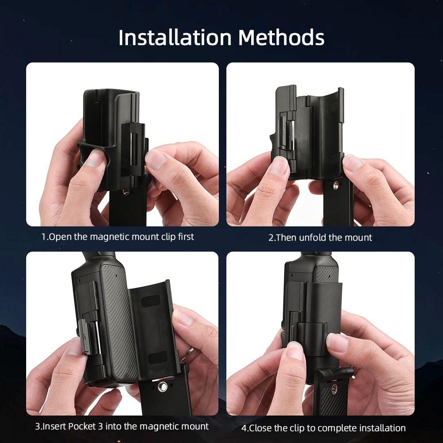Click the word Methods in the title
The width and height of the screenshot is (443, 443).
[x=281, y=38]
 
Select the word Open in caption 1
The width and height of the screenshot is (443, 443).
[x=60, y=237]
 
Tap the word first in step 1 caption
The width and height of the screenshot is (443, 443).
[x=184, y=237]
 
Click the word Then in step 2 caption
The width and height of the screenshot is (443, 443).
[x=287, y=237]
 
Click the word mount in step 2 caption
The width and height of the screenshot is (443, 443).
[x=359, y=237]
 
